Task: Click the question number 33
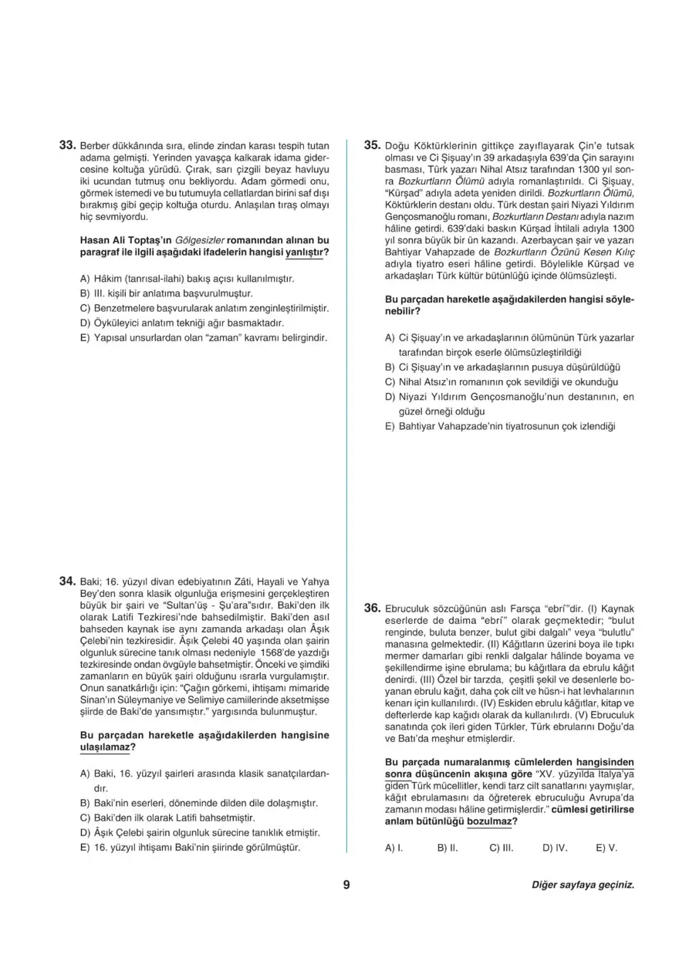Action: click(67, 144)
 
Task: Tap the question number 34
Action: click(67, 580)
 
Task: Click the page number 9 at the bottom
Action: click(346, 885)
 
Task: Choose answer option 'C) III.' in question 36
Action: click(502, 847)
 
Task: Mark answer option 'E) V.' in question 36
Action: click(606, 847)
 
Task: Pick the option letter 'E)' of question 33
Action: click(85, 337)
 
